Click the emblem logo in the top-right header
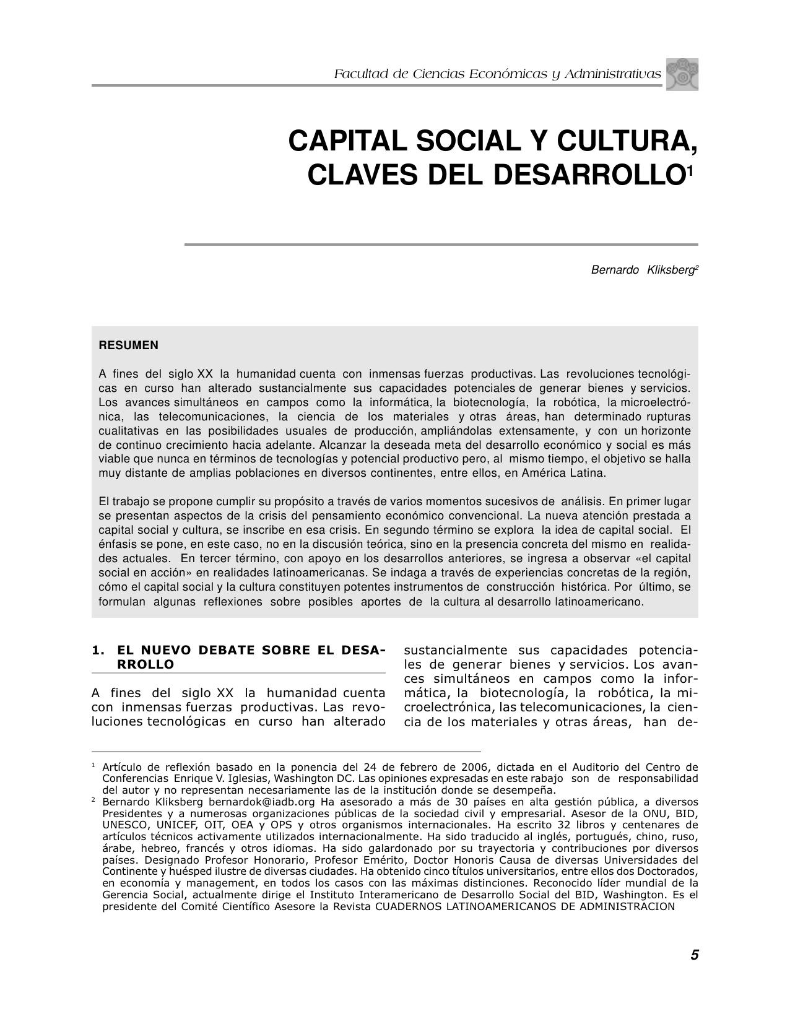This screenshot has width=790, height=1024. [682, 74]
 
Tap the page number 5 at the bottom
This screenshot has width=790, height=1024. [695, 955]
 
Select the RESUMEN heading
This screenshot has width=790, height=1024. [128, 345]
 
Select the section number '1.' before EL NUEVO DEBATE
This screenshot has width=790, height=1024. [98, 650]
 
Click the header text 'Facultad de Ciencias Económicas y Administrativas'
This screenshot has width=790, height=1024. [497, 74]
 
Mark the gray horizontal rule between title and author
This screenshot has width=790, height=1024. [441, 245]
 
